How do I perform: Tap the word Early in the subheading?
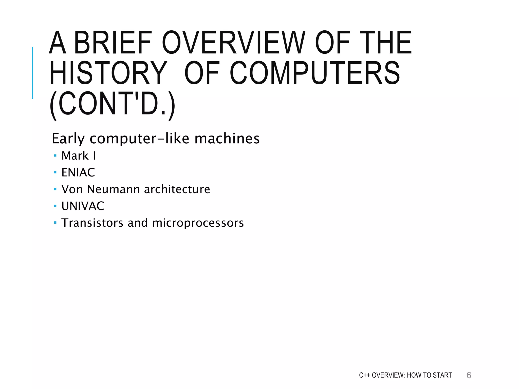(68, 139)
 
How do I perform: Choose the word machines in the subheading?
(227, 139)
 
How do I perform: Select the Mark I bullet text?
(79, 156)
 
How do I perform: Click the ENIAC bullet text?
(78, 172)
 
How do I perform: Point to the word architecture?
(177, 189)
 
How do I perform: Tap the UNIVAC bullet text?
(83, 206)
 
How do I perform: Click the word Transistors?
(92, 223)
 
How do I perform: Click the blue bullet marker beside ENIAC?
(55, 172)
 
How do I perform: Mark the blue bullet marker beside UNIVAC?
(55, 206)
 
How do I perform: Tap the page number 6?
(469, 375)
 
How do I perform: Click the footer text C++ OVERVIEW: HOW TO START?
(405, 375)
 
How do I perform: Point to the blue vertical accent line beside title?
(32, 73)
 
